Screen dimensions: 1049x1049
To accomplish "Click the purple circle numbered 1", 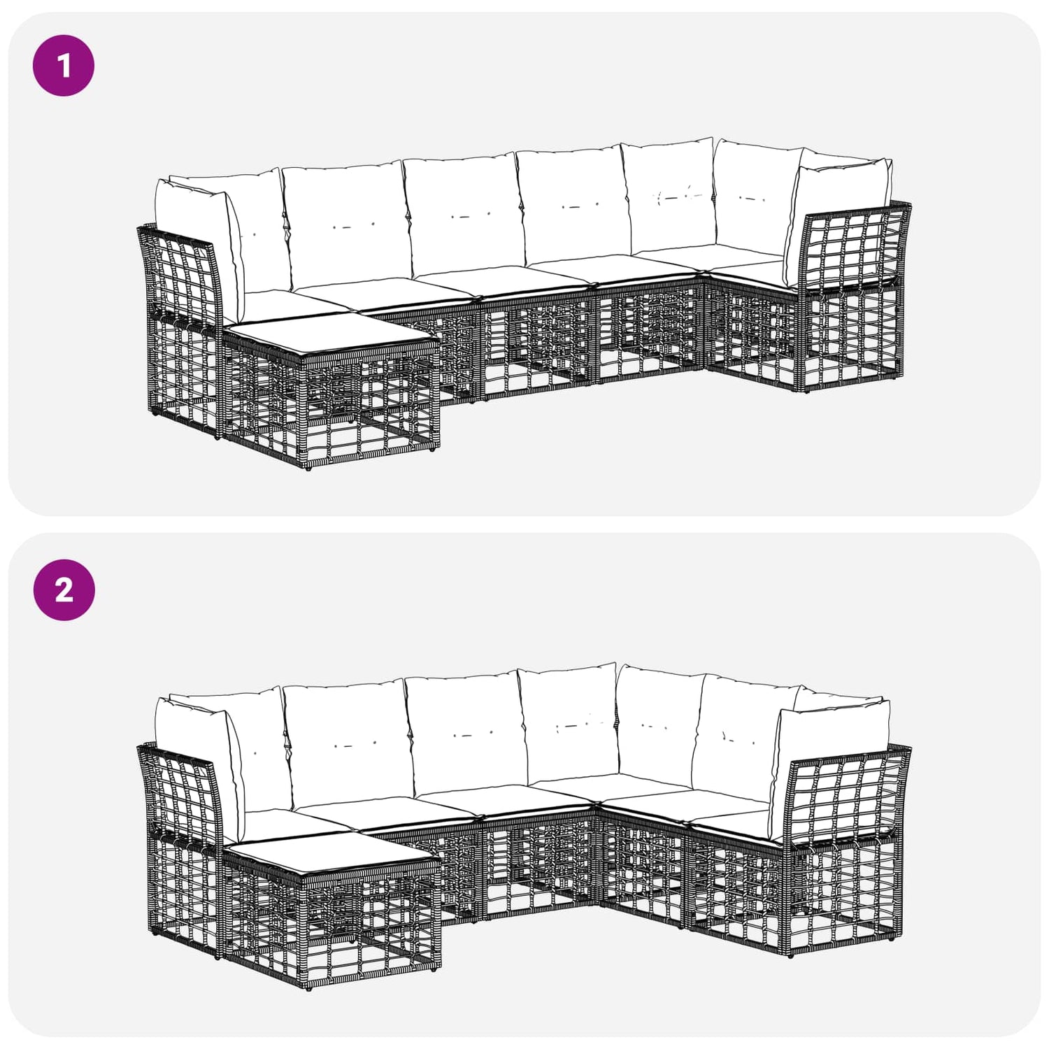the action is (64, 66).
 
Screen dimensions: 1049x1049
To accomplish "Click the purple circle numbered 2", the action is (64, 590).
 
